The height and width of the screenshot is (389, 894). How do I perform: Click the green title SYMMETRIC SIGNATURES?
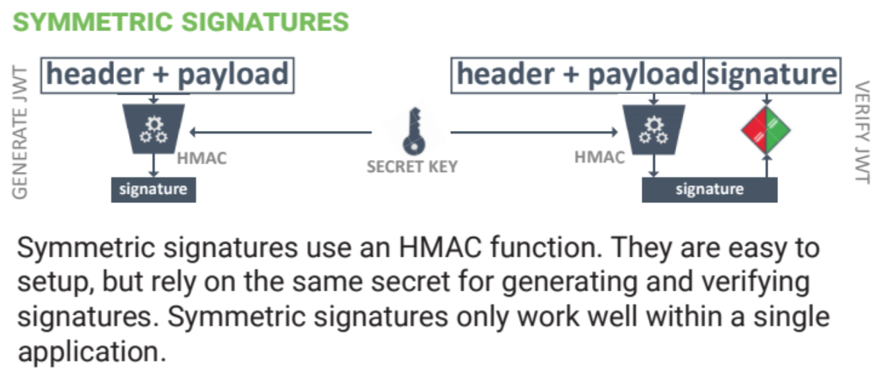click(x=181, y=22)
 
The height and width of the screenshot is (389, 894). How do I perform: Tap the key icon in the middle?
click(x=412, y=132)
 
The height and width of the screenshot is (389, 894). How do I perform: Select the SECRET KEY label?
click(x=412, y=167)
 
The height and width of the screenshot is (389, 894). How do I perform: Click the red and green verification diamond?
click(x=766, y=130)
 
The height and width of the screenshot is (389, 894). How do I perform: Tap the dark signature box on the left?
click(x=153, y=190)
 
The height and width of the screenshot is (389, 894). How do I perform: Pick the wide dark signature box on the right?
click(x=709, y=190)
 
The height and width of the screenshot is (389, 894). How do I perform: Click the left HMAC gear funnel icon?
click(x=154, y=129)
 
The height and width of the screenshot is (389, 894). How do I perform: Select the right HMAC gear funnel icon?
click(x=654, y=129)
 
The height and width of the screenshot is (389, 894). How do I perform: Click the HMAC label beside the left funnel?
click(x=201, y=159)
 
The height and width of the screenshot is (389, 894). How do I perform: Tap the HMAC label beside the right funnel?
click(x=599, y=157)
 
